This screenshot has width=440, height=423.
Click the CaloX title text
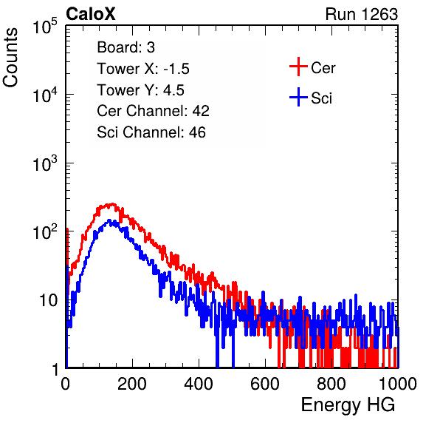pyautogui.click(x=91, y=14)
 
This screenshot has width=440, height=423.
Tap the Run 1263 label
pyautogui.click(x=362, y=14)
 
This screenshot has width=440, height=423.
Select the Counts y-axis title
pyautogui.click(x=10, y=58)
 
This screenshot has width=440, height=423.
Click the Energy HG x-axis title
pyautogui.click(x=348, y=405)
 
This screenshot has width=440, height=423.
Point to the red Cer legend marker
pyautogui.click(x=298, y=67)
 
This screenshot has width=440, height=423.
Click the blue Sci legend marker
pyautogui.click(x=298, y=98)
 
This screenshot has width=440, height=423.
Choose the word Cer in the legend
pyautogui.click(x=323, y=68)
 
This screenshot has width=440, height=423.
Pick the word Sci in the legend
pyautogui.click(x=321, y=98)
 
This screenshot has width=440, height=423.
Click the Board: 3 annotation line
pyautogui.click(x=126, y=47)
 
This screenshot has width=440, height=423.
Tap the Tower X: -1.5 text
pyautogui.click(x=143, y=69)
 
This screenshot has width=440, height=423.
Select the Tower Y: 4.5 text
pyautogui.click(x=140, y=90)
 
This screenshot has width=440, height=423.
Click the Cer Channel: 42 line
pyautogui.click(x=153, y=111)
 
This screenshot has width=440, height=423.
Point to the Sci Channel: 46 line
pyautogui.click(x=151, y=132)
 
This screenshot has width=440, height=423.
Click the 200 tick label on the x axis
pyautogui.click(x=132, y=384)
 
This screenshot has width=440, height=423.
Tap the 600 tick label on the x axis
pyautogui.click(x=265, y=384)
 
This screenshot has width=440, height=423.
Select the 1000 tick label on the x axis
pyautogui.click(x=398, y=384)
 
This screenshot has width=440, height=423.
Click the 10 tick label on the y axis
pyautogui.click(x=49, y=300)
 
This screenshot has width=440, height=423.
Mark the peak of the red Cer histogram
pyautogui.click(x=112, y=203)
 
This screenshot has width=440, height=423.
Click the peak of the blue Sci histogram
pyautogui.click(x=109, y=220)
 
